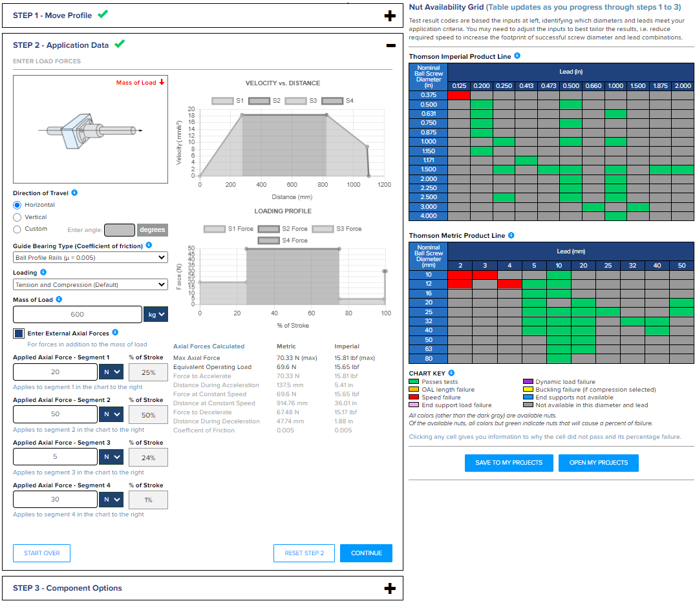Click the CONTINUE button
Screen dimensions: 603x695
[366, 553]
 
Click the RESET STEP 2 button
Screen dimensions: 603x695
[304, 553]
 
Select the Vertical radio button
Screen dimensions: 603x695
[17, 217]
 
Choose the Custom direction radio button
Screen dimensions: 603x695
[17, 229]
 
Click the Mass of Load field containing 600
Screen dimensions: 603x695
[77, 314]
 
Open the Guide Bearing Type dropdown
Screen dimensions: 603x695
[91, 257]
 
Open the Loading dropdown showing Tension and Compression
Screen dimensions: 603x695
[91, 284]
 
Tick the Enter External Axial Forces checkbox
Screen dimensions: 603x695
[19, 333]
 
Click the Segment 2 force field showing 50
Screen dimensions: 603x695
[54, 414]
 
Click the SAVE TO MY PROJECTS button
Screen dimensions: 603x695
[508, 463]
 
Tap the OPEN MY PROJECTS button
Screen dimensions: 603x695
[598, 463]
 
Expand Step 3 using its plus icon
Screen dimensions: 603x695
[390, 588]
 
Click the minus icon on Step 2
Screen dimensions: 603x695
[390, 45]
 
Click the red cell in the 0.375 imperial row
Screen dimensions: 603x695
[458, 95]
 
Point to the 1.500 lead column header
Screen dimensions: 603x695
[637, 86]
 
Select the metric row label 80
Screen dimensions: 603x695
[429, 359]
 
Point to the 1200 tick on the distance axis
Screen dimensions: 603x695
[384, 185]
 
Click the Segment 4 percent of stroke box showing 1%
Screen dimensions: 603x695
[148, 500]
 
